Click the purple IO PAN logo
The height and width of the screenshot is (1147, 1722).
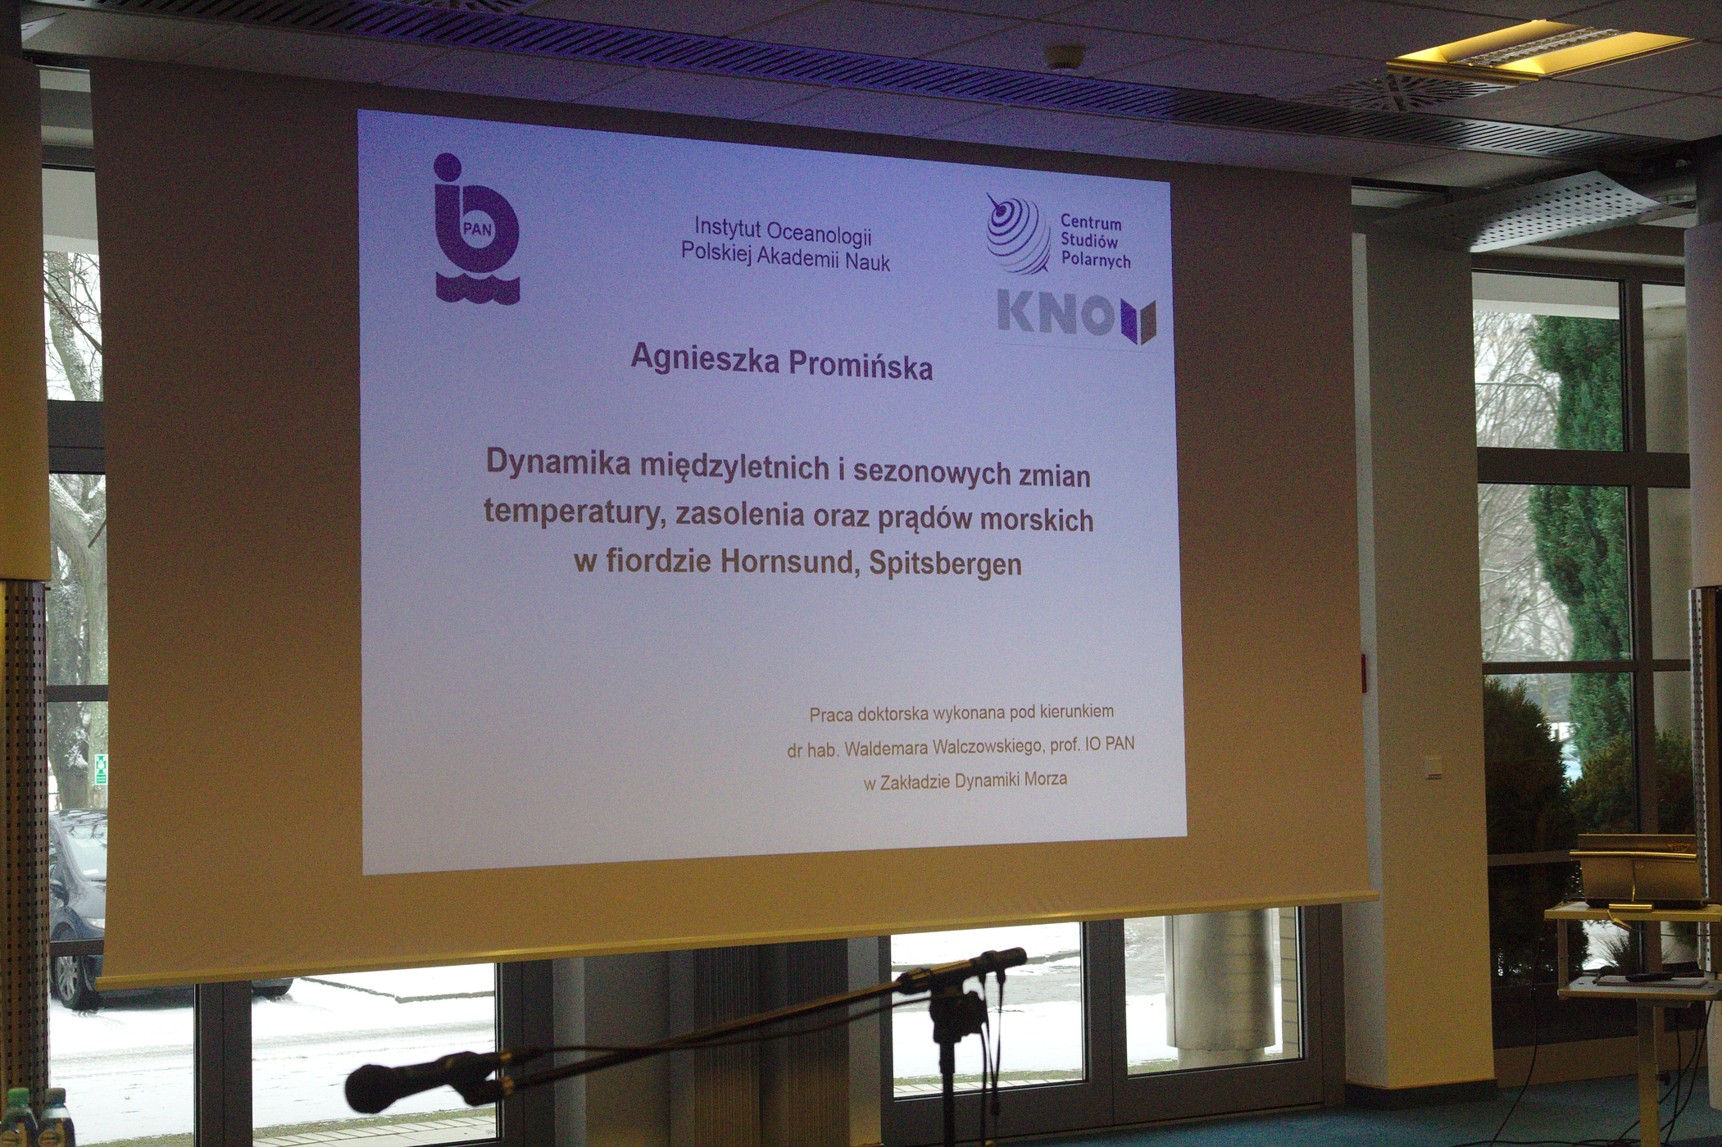(x=476, y=229)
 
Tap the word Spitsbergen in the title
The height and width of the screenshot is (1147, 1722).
(x=945, y=565)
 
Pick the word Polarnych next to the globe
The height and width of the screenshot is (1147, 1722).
(x=1096, y=260)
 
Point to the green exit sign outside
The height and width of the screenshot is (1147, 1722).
(x=100, y=769)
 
